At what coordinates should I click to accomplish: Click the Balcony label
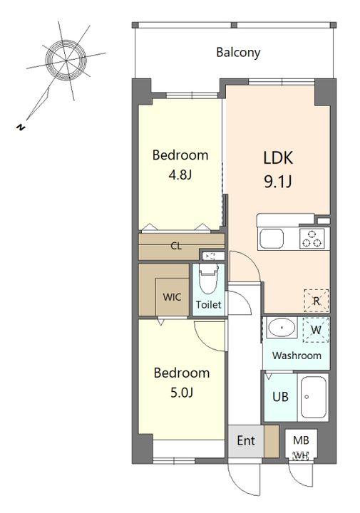coord(238,52)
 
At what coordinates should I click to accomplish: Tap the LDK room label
coord(278,157)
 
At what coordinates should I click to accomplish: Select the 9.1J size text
coord(278,181)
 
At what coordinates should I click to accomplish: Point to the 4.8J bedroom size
coord(180,175)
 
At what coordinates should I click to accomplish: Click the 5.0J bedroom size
coord(182,392)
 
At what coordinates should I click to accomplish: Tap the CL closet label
coord(176,246)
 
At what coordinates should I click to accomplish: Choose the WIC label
coord(172,297)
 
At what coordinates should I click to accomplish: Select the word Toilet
coord(208,305)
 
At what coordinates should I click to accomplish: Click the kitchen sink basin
coord(272,239)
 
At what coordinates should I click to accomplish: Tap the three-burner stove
coord(312,238)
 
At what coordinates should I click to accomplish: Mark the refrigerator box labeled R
coord(316,301)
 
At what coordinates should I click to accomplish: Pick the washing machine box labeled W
coord(316,330)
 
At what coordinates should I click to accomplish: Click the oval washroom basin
coord(282,327)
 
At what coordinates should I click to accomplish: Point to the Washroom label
coord(297,356)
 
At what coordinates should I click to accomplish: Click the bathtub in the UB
coord(313,397)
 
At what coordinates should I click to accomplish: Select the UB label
coord(280,397)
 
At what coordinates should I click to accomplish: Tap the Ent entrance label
coord(246,440)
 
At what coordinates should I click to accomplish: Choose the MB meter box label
coord(301,440)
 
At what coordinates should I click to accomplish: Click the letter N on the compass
coord(21,128)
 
